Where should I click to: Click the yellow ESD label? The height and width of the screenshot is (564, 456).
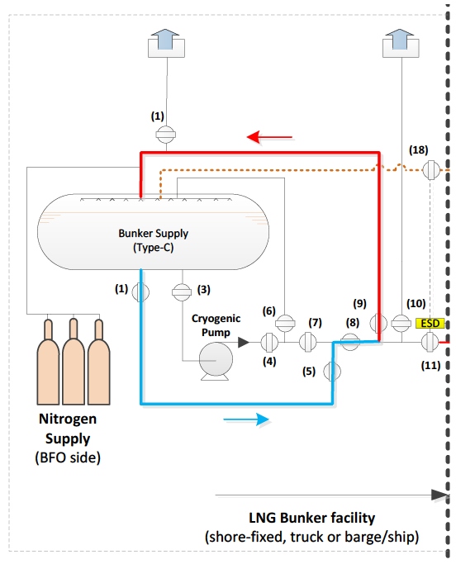430,323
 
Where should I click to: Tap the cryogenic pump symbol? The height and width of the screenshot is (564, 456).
216,361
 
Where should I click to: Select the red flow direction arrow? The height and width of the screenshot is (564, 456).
269,137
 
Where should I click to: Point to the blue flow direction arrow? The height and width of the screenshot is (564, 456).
246,419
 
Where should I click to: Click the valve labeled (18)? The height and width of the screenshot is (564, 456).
431,170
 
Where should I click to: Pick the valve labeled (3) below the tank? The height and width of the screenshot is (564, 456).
182,292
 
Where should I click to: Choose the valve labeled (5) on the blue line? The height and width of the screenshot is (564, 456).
332,372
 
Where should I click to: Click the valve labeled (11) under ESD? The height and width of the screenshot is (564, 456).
430,342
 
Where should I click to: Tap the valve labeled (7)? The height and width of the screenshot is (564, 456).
308,342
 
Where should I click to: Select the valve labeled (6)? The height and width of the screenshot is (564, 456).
285,323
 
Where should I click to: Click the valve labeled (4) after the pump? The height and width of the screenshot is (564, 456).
268,343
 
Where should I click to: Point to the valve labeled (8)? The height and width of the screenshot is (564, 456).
349,342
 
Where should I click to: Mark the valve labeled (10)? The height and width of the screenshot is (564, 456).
401,323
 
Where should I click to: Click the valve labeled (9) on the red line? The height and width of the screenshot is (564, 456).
378,323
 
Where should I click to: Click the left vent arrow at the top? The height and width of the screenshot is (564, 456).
165,43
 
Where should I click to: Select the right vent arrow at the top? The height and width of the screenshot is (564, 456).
400,43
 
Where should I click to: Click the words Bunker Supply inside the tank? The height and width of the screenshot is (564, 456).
154,234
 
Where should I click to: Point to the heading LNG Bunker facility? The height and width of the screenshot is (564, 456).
311,518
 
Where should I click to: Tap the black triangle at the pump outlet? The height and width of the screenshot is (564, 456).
244,342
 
